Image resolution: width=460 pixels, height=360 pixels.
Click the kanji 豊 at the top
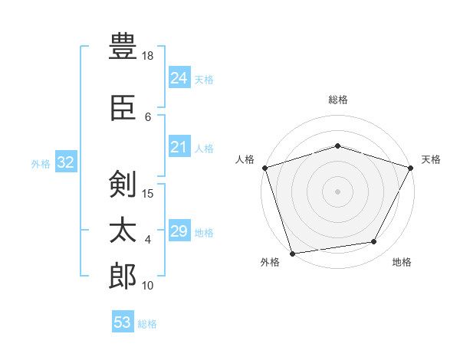tap(123, 46)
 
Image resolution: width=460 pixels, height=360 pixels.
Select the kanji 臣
tap(123, 108)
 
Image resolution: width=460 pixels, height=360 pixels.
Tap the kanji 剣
tap(123, 184)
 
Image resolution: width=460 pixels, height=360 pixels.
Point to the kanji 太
tap(123, 230)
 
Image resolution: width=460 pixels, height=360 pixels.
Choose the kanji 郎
tap(123, 276)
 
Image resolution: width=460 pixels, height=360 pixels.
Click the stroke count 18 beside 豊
tap(147, 56)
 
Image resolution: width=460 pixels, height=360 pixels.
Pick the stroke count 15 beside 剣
tap(147, 194)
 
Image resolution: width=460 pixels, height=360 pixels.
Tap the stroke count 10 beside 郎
tap(147, 286)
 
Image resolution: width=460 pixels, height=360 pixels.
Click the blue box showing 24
tap(179, 77)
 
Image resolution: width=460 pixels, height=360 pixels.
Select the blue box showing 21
tap(179, 146)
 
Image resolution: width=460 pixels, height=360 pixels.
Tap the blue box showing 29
tap(179, 230)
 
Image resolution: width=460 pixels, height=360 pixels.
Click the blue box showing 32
tap(66, 162)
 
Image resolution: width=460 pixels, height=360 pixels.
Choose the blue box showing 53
tap(123, 321)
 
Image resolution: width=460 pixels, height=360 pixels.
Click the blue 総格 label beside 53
tap(147, 324)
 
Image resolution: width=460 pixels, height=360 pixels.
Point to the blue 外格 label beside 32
tap(41, 164)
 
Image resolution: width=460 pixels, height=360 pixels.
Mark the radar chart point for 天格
tap(411, 168)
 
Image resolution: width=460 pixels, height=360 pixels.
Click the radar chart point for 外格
tap(293, 254)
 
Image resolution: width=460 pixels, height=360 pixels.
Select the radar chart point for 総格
tap(337, 146)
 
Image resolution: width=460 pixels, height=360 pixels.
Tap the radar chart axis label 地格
tap(402, 262)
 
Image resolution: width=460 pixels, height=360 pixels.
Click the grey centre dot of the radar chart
tap(337, 191)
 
